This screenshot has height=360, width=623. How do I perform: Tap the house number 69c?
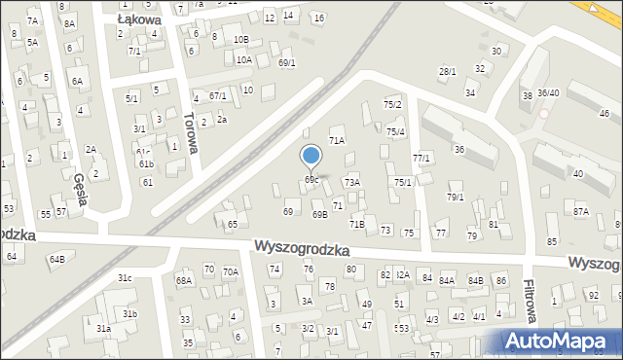(x=311, y=180)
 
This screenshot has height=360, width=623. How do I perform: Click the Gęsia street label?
(x=82, y=191)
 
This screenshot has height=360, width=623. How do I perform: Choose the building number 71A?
(x=336, y=141)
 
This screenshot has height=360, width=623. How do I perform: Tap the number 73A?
(x=351, y=182)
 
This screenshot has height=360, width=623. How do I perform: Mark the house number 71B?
(x=357, y=225)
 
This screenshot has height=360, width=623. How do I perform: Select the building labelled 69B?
(x=319, y=214)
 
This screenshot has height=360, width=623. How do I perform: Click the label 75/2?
(x=392, y=104)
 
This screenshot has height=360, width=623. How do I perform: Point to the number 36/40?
(x=548, y=93)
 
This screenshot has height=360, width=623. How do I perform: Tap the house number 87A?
(x=581, y=211)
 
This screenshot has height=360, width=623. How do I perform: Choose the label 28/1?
(x=447, y=71)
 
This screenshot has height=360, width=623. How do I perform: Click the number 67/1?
(x=218, y=95)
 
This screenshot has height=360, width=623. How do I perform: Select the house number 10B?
(x=240, y=39)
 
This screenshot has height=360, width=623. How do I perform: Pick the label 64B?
(x=57, y=259)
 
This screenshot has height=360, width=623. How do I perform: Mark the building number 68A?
(x=184, y=281)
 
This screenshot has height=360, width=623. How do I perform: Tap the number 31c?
(x=125, y=278)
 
